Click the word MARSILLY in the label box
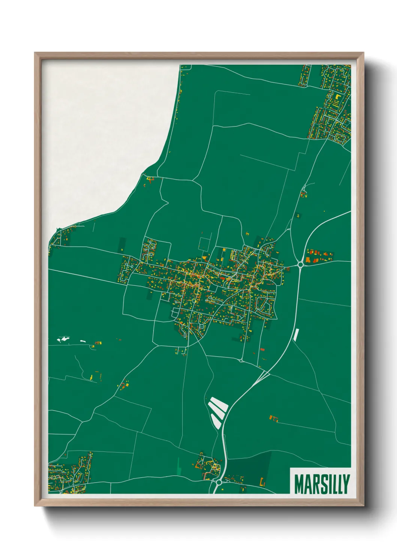click(x=322, y=484)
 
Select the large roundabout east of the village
click(x=300, y=265)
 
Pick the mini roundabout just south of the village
click(x=241, y=361)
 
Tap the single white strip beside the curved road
click(x=296, y=334)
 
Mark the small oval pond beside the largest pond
click(x=83, y=341)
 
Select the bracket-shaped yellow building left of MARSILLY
click(x=263, y=482)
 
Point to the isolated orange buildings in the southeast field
click(x=274, y=417)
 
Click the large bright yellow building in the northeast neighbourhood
click(x=337, y=96)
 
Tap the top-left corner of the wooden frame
click(x=35, y=53)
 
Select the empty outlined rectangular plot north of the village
click(x=205, y=244)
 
